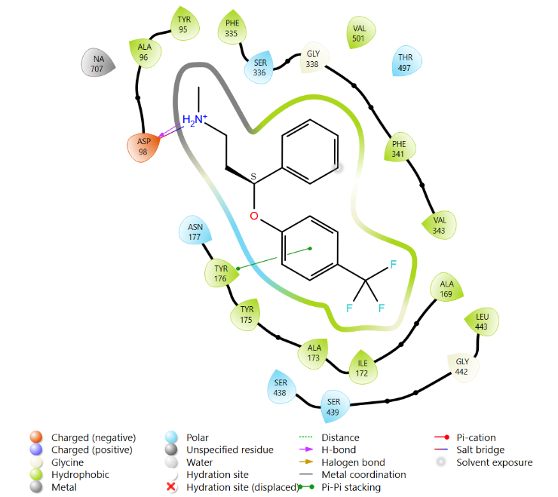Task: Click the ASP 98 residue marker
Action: click(143, 147)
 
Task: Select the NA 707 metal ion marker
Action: click(98, 63)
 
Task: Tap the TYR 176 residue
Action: click(221, 274)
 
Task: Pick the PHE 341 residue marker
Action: click(400, 148)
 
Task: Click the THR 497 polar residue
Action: click(406, 62)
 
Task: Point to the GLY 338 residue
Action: click(314, 58)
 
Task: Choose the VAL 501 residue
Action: click(360, 32)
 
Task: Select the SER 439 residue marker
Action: click(334, 406)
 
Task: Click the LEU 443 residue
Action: click(482, 321)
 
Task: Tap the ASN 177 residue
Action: click(195, 232)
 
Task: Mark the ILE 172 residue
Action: click(363, 368)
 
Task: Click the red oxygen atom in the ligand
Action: click(253, 216)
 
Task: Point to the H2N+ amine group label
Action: click(195, 120)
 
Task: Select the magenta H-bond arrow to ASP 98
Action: click(170, 130)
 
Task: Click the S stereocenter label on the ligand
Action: click(253, 176)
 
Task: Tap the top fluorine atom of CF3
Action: click(393, 265)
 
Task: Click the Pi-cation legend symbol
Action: click(442, 437)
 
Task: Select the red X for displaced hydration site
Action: click(171, 486)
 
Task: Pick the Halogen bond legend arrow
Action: click(306, 462)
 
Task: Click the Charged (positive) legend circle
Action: click(36, 449)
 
